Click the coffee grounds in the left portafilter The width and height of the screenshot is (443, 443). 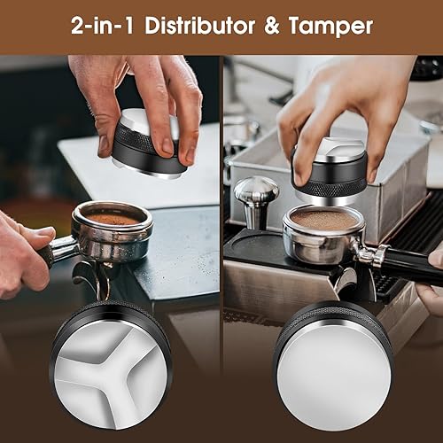(x=113, y=218)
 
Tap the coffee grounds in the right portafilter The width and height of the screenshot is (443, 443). (x=323, y=220)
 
